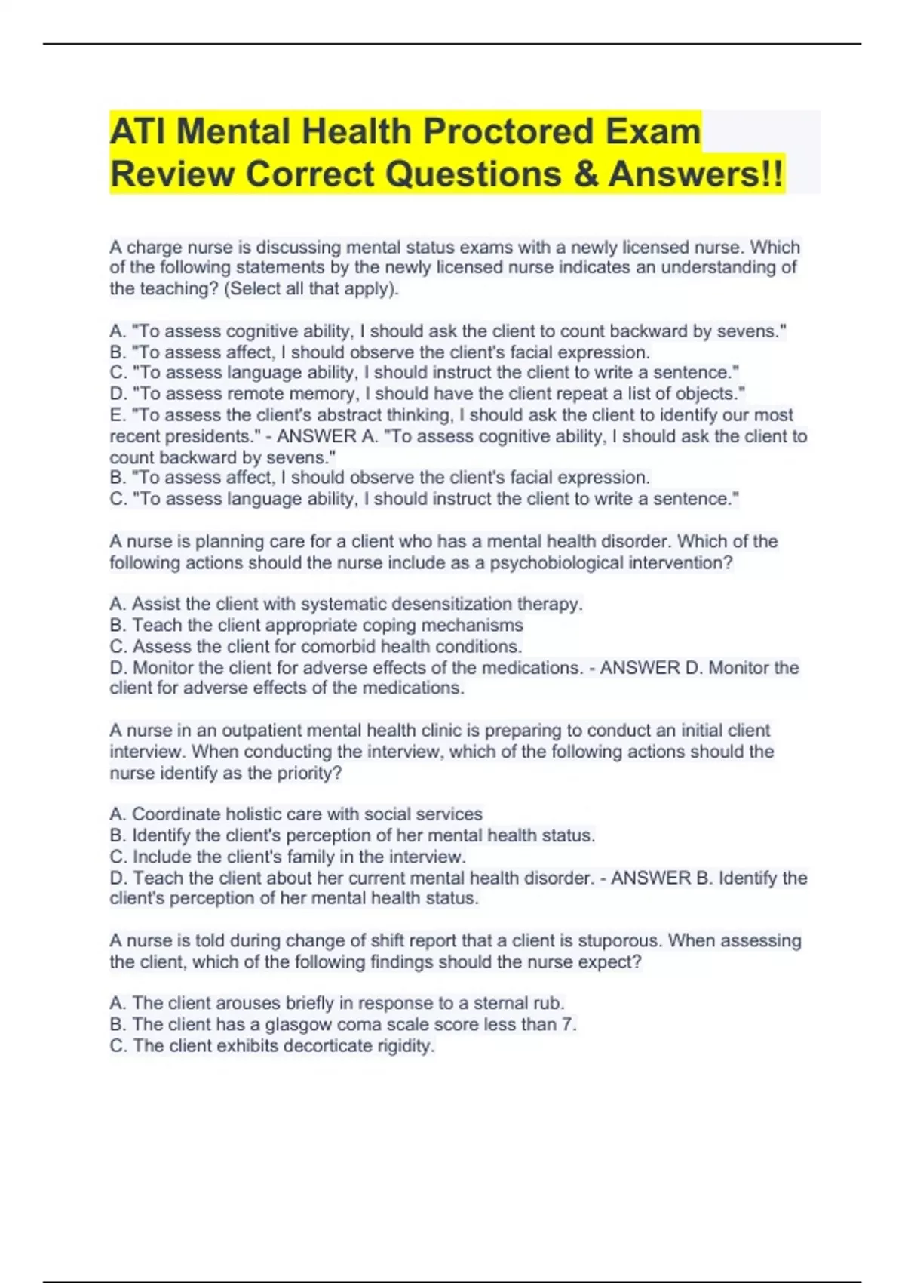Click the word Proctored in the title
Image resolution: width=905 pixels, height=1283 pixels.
[508, 131]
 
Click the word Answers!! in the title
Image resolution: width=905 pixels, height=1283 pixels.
[695, 174]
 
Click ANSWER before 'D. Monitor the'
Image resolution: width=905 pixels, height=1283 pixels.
[640, 668]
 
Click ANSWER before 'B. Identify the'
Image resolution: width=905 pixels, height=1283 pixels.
[651, 878]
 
